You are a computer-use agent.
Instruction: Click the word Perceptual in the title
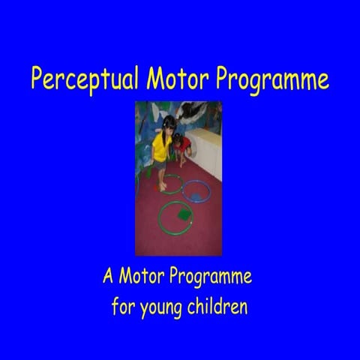point(85,79)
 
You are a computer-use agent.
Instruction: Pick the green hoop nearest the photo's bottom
point(175,217)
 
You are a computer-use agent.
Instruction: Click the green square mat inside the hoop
point(181,216)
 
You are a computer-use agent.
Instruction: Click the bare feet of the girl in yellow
point(163,184)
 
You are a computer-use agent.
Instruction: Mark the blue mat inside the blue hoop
point(198,196)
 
